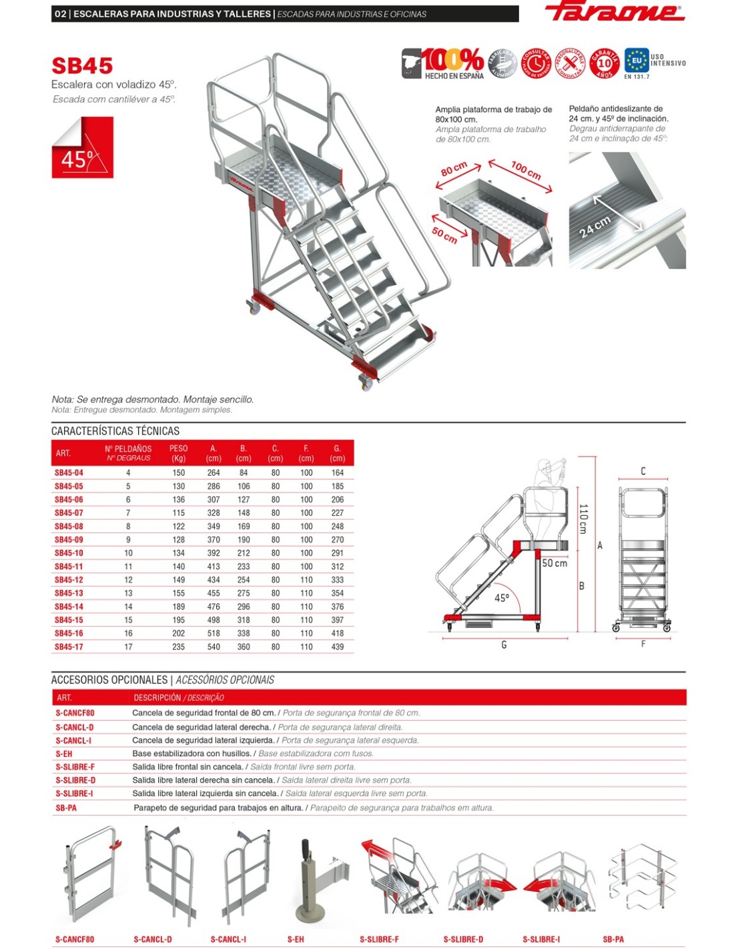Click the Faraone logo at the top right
615,12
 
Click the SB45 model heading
82,66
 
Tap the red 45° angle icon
83,147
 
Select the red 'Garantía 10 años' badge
604,63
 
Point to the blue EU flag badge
636,61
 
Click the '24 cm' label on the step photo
594,228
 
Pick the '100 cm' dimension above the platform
526,170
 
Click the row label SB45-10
69,553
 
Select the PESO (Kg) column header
178,453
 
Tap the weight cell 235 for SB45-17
178,647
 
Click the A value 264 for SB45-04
214,472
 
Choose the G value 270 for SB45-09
337,540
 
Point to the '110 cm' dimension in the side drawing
583,519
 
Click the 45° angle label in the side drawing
502,598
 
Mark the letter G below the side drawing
504,645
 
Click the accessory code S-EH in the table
64,753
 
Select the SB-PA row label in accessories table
66,808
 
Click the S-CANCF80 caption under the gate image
75,939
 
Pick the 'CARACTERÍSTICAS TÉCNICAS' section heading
115,431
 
